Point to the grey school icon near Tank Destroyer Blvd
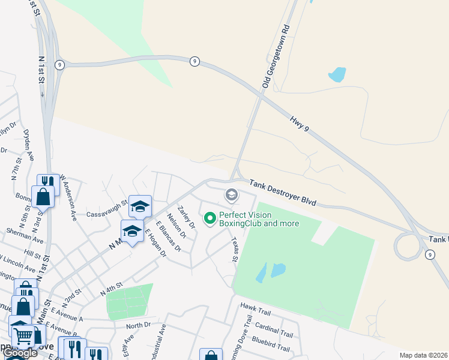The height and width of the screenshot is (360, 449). tap(231, 195)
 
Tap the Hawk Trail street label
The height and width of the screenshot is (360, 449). tap(256, 311)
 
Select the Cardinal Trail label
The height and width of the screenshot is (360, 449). tap(274, 331)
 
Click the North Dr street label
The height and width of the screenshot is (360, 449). tap(138, 326)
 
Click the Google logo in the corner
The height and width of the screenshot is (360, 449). tap(20, 353)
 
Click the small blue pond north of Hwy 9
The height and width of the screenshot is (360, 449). tap(337, 74)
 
